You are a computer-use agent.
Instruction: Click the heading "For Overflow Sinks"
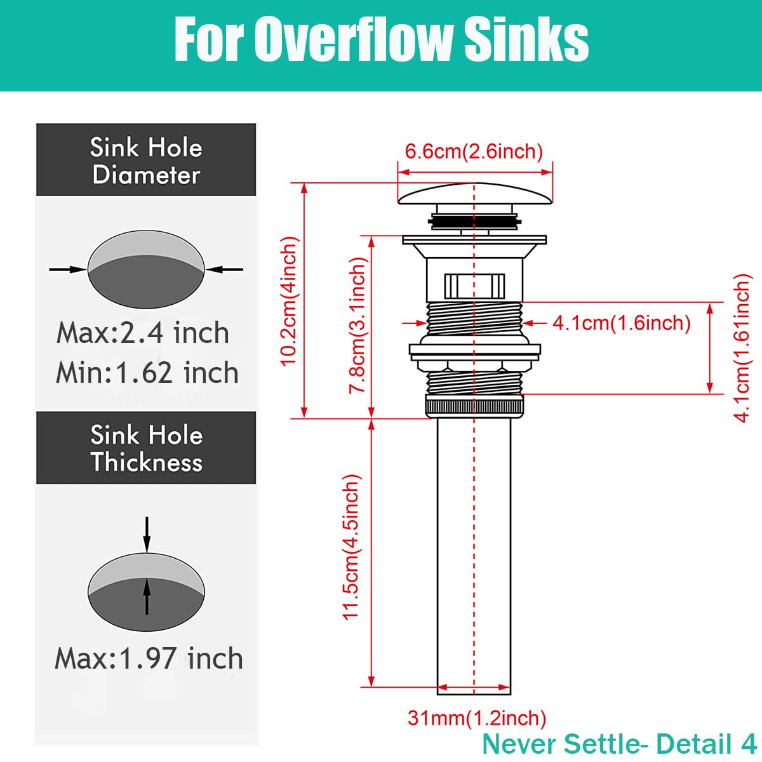pyautogui.click(x=381, y=39)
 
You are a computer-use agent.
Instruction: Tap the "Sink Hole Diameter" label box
pyautogui.click(x=146, y=160)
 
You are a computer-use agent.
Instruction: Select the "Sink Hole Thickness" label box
pyautogui.click(x=146, y=448)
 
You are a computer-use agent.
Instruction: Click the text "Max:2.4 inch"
pyautogui.click(x=143, y=333)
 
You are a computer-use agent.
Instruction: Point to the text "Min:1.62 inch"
pyautogui.click(x=147, y=373)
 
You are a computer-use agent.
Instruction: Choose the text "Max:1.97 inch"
pyautogui.click(x=149, y=658)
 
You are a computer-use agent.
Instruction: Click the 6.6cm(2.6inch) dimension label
pyautogui.click(x=474, y=152)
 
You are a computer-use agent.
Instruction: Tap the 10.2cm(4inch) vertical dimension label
pyautogui.click(x=289, y=301)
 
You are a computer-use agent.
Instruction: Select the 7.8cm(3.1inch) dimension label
pyautogui.click(x=358, y=325)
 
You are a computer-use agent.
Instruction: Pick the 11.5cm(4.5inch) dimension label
pyautogui.click(x=351, y=547)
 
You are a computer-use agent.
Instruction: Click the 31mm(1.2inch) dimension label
pyautogui.click(x=477, y=718)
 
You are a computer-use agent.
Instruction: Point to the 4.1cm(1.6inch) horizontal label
pyautogui.click(x=621, y=323)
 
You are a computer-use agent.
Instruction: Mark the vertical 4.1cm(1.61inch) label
pyautogui.click(x=742, y=348)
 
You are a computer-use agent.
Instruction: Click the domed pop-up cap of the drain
pyautogui.click(x=474, y=193)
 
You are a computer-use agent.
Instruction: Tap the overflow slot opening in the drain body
pyautogui.click(x=474, y=286)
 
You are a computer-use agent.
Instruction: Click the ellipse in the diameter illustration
pyautogui.click(x=146, y=269)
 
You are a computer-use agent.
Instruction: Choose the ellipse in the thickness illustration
pyautogui.click(x=146, y=591)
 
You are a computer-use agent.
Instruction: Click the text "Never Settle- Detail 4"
pyautogui.click(x=619, y=744)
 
